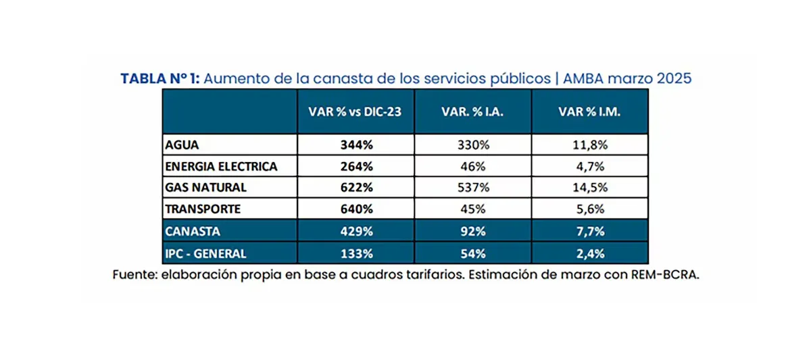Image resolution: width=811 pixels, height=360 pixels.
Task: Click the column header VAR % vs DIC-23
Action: coord(355,111)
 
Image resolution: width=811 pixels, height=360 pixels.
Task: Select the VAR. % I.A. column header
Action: coord(472,111)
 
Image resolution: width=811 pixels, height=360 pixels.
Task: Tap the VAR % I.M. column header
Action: coord(589,111)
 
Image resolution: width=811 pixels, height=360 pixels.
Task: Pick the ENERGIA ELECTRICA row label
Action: coord(221,166)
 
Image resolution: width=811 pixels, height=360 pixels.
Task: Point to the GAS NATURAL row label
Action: coord(205,187)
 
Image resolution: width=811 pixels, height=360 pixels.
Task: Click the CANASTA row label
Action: coord(192,231)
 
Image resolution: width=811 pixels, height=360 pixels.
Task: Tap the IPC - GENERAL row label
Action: coord(206,254)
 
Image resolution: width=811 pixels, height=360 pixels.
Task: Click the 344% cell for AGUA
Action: coord(355,145)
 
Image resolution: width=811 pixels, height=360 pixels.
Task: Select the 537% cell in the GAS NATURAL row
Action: coord(472,187)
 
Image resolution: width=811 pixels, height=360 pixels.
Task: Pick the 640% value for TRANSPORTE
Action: coord(355,209)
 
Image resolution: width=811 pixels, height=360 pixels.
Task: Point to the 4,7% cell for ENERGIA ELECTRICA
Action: coord(589,166)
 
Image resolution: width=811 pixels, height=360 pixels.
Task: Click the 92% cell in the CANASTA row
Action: coord(472,231)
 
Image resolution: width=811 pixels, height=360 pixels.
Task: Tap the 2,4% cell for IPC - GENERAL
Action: coord(589,254)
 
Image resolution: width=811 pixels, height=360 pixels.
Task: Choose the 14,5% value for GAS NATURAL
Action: coord(589,187)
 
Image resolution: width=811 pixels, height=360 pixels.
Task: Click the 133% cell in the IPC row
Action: coord(355,254)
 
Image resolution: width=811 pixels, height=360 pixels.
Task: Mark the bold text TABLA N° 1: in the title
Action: coord(160,78)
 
